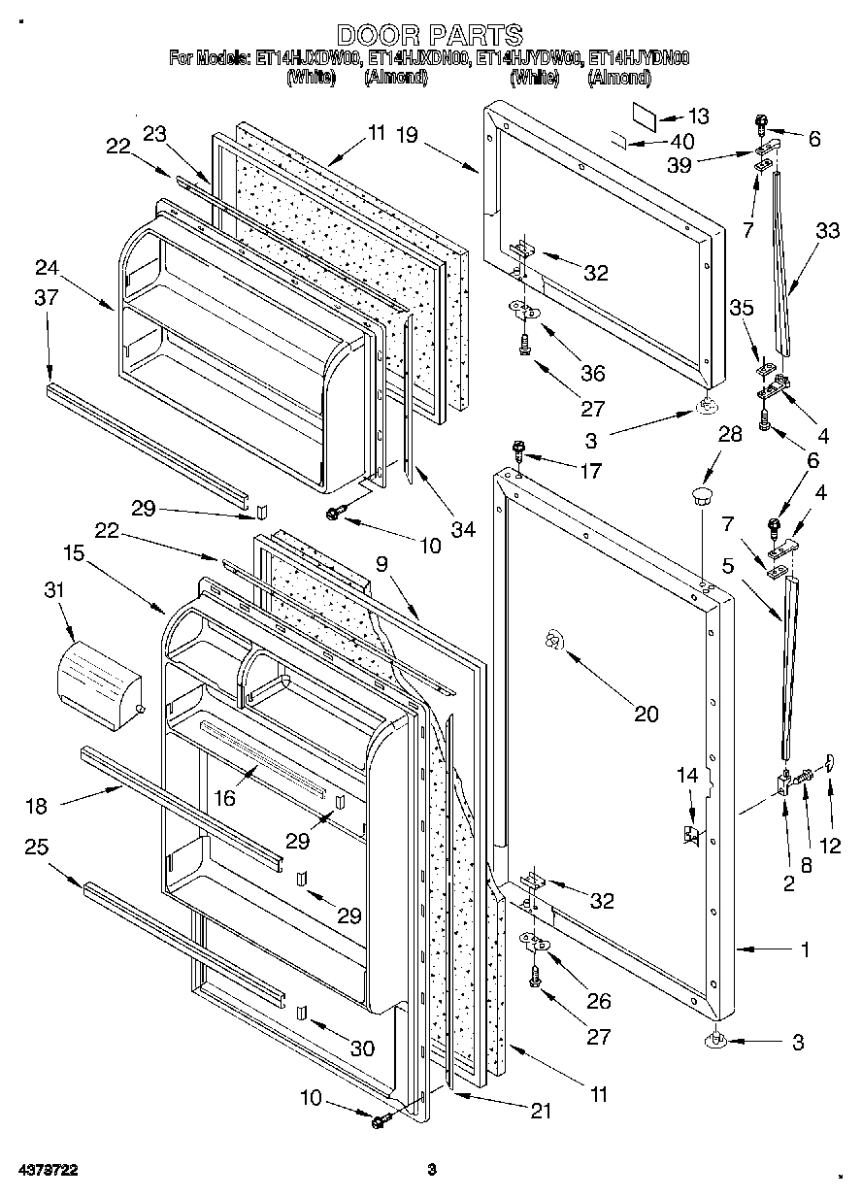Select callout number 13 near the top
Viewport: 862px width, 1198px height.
pos(698,115)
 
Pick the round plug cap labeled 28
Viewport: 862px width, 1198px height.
pos(700,498)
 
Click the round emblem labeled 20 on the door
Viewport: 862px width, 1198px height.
pos(551,641)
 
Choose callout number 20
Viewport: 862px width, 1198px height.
pos(646,715)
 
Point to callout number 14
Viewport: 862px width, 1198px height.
pos(687,775)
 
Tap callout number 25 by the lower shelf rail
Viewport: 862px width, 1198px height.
pos(36,848)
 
